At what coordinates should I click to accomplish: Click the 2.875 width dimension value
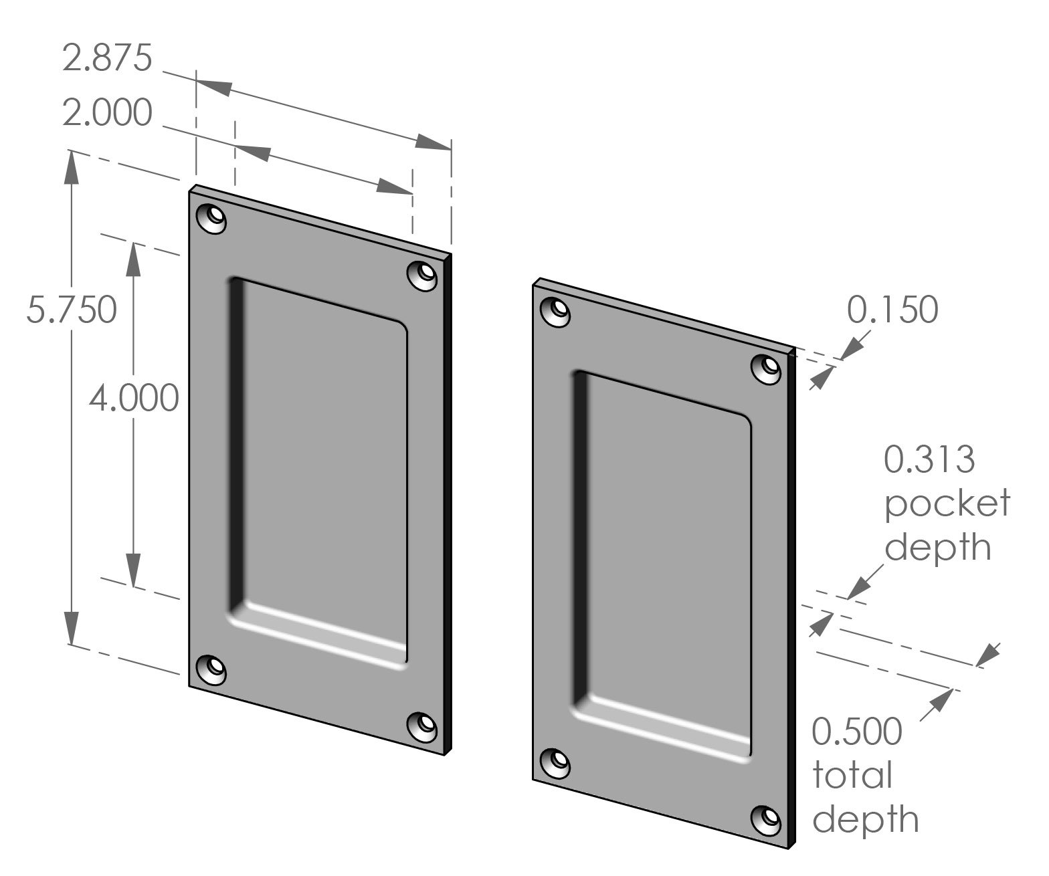point(107,59)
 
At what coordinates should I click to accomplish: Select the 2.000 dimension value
point(107,114)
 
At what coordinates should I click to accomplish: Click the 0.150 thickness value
point(892,310)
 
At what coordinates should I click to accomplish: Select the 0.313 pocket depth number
point(929,459)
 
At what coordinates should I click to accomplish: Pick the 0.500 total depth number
point(857,731)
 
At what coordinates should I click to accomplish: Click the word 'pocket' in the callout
point(947,503)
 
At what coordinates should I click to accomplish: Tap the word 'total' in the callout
point(852,775)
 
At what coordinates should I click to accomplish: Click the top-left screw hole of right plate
point(555,312)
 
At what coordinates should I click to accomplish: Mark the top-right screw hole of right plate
point(767,368)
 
